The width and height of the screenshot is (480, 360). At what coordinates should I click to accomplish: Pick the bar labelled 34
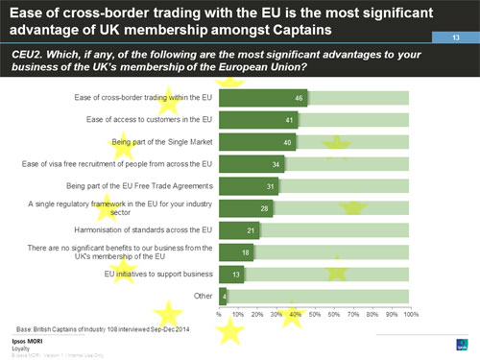point(252,164)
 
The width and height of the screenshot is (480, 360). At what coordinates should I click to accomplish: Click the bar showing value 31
point(250,186)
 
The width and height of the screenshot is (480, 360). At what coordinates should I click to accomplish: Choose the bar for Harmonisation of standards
point(240,230)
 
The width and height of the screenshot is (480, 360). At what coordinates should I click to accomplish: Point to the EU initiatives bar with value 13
point(232,274)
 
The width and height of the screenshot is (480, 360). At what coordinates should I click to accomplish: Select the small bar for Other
point(223,296)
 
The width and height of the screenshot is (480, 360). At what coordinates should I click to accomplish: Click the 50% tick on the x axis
point(315,314)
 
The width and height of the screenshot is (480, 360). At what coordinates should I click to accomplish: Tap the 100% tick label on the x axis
point(410,314)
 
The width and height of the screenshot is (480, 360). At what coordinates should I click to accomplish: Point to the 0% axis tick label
point(220,314)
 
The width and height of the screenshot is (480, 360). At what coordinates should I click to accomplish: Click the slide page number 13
point(457,36)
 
